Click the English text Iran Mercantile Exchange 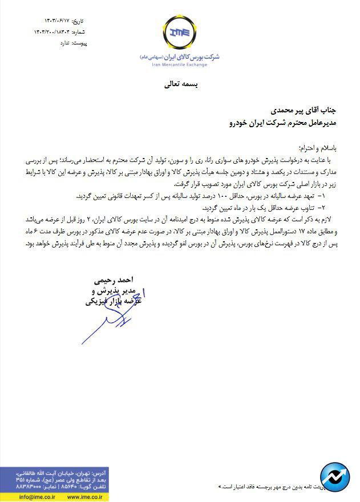[x=179, y=65]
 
